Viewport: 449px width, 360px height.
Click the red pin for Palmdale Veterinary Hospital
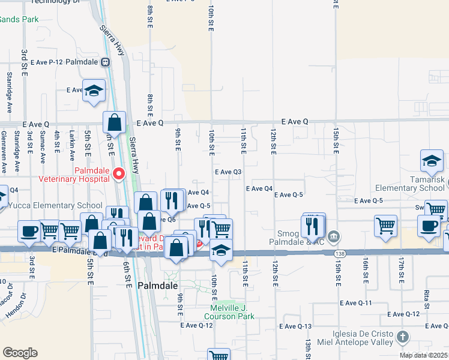[x=119, y=173]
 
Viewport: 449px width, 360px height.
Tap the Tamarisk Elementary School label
[x=417, y=184]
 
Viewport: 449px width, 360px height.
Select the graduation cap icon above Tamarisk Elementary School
[x=432, y=161]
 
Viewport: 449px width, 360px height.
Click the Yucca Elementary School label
[x=51, y=205]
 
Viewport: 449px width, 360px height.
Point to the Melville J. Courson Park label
[x=229, y=312]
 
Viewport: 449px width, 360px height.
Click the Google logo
[x=20, y=352]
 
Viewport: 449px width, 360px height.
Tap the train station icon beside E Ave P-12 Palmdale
[x=105, y=62]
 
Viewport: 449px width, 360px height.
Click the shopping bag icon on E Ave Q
[x=114, y=123]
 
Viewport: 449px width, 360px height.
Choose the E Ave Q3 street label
[x=228, y=172]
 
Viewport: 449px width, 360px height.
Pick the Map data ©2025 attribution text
[x=423, y=355]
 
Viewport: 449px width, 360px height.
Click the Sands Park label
[x=19, y=19]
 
